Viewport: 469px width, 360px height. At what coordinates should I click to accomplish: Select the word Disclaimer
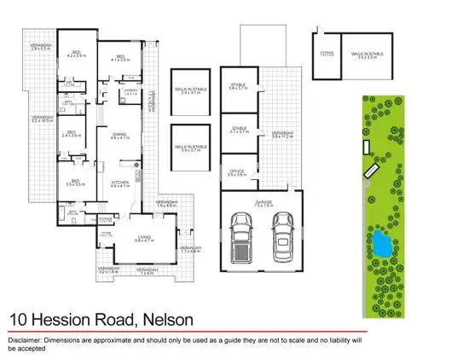tap(25, 340)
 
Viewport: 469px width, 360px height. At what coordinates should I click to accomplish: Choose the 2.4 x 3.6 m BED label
tap(72, 134)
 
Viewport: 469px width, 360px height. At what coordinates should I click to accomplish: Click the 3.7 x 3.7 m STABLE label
tap(238, 130)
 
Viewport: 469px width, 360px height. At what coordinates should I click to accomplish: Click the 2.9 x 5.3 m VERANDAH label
tap(41, 47)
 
